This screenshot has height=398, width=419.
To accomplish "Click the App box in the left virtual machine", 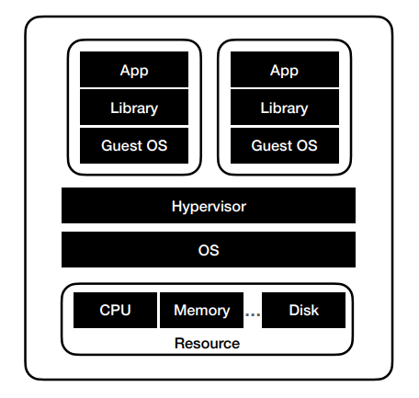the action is click(134, 69).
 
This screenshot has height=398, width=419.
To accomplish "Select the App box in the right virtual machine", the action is click(285, 69).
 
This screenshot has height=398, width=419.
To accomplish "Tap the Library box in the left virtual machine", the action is click(134, 108).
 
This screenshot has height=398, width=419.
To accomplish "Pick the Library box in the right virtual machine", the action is click(285, 108).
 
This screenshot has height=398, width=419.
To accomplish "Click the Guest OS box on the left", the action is click(134, 145).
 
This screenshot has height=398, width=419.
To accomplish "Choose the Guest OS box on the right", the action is click(285, 145).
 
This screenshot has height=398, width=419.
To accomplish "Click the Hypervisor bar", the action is click(209, 205).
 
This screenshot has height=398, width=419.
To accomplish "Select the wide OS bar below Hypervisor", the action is click(209, 249).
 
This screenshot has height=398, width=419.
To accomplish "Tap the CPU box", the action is click(115, 310).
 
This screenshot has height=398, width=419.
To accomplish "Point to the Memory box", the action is click(202, 310).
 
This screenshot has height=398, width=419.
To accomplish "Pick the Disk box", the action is click(303, 310).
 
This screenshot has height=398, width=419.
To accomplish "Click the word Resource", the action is click(207, 344).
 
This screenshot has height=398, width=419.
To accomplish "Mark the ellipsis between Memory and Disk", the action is click(253, 314).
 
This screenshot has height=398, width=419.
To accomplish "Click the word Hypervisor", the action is click(209, 207).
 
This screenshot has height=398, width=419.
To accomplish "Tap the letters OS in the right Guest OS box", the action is click(307, 145).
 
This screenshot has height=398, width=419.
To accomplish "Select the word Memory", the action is click(202, 311).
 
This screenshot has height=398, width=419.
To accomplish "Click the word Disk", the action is click(304, 310).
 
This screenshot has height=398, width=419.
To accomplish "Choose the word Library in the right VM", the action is click(284, 108).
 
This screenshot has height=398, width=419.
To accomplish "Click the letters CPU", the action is click(115, 310).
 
